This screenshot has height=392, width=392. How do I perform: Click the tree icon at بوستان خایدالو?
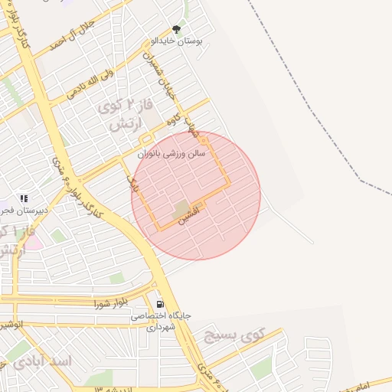177,29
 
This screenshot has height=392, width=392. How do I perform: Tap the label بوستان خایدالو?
177,41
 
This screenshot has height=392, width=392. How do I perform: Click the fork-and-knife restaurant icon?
24,199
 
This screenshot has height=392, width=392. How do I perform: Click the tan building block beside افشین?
181,208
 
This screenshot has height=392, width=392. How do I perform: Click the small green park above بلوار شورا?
116,278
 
